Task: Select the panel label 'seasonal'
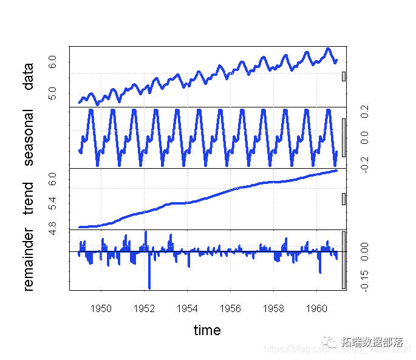tap(29, 138)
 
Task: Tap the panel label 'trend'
tap(29, 199)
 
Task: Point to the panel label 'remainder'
tap(29, 260)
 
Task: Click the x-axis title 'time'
tap(207, 330)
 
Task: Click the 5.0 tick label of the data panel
tap(53, 93)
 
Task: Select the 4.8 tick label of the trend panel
tap(53, 228)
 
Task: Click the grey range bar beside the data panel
tap(344, 76)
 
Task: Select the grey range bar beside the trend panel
tap(344, 199)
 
